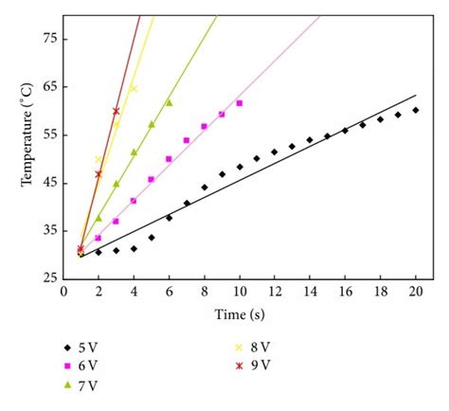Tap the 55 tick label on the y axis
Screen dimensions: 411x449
click(x=48, y=134)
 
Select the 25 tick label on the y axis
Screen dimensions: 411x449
click(x=48, y=278)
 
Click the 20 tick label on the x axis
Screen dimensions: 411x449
click(x=415, y=292)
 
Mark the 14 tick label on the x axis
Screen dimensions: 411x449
click(x=310, y=292)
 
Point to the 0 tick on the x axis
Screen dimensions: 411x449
click(x=63, y=292)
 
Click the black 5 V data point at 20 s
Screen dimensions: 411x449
click(x=415, y=110)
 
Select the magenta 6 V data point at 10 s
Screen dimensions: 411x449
click(x=240, y=103)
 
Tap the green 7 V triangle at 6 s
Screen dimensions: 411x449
click(x=169, y=102)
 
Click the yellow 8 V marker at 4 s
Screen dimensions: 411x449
click(x=134, y=89)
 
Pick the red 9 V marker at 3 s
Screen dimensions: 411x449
click(x=117, y=111)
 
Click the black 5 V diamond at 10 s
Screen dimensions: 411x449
click(x=240, y=167)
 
